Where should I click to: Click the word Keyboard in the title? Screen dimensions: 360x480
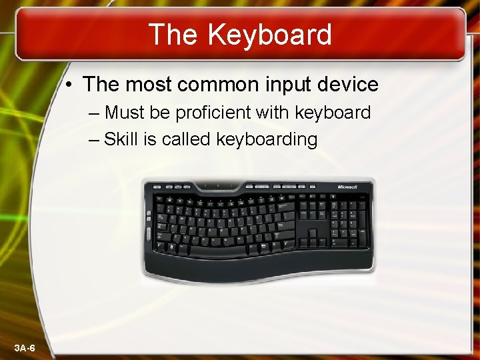click(269, 35)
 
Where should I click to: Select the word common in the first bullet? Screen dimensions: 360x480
click(217, 85)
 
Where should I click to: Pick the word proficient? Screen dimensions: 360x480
click(213, 113)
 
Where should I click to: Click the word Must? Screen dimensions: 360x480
click(125, 113)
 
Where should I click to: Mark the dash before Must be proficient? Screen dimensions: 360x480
click(92, 113)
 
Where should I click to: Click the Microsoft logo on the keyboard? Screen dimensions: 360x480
click(352, 187)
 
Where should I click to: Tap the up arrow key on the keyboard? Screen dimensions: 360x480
click(313, 231)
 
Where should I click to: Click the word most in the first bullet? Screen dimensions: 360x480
click(147, 85)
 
